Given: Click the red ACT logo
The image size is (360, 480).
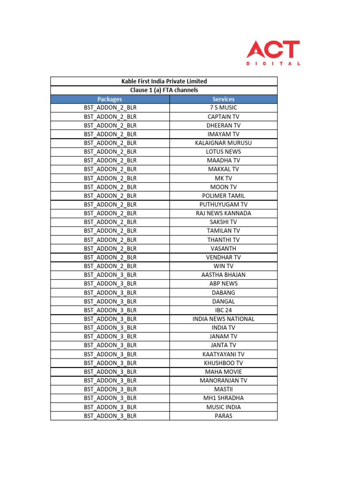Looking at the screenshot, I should [x=273, y=49].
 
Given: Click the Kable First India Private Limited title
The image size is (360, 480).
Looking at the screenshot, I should [x=164, y=81].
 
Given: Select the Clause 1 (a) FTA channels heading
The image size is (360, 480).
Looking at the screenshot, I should [x=164, y=90].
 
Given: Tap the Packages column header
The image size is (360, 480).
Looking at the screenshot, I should [x=110, y=99].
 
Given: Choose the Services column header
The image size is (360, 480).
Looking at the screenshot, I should [x=223, y=99].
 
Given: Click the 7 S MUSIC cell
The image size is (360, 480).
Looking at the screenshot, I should [x=223, y=108].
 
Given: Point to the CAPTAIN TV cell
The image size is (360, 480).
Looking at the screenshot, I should [x=223, y=117].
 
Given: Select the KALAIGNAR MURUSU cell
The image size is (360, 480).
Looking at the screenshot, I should [x=223, y=143].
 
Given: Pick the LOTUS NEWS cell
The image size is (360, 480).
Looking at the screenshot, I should [x=223, y=152].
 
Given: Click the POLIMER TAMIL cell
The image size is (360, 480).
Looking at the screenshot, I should [x=223, y=195].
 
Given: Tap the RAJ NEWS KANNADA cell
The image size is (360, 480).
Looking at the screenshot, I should [x=223, y=213].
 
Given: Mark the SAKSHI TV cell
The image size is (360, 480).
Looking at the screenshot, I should [x=223, y=222].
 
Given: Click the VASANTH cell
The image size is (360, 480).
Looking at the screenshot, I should [x=223, y=248].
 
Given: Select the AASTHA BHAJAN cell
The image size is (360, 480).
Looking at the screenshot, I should [x=223, y=275].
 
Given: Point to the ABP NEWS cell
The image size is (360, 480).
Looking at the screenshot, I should [x=223, y=284].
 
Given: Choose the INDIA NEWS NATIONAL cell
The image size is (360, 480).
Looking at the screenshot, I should [x=223, y=319].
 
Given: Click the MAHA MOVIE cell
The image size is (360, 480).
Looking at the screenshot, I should [x=223, y=372].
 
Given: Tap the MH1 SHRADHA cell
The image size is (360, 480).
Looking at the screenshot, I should [x=223, y=398].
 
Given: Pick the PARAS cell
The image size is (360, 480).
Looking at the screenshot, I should [x=223, y=416].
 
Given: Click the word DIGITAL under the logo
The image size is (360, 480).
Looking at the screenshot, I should [x=273, y=63].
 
